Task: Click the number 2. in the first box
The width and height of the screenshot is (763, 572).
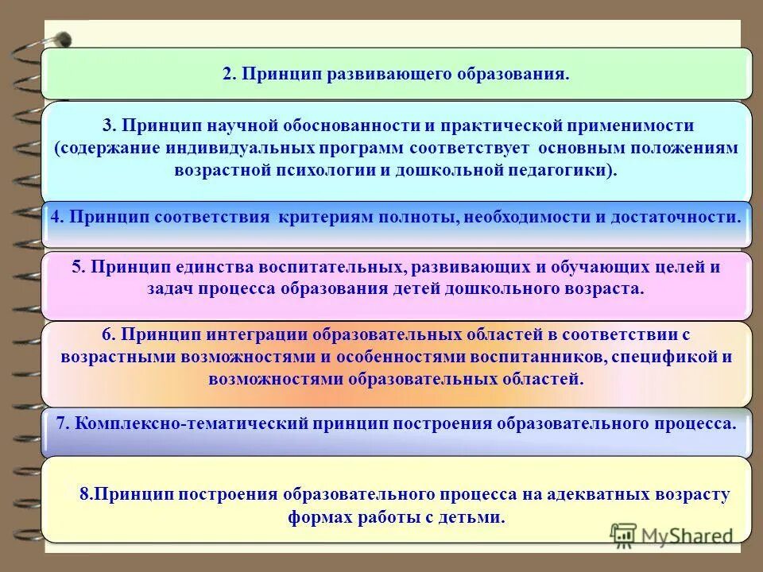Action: pos(229,75)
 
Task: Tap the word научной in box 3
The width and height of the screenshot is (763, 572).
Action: pos(241,126)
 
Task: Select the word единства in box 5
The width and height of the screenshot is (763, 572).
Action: pos(194,267)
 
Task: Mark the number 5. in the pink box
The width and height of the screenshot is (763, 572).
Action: pos(78,267)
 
